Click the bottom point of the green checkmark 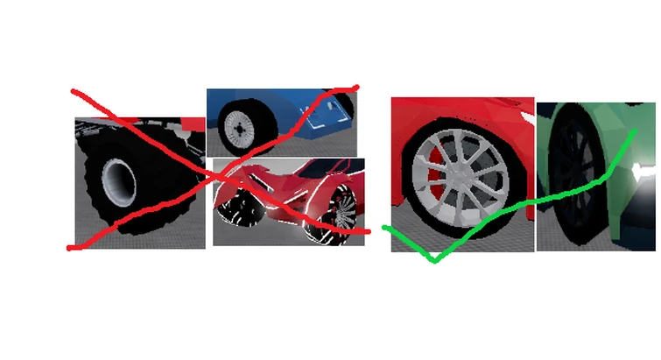point(433,260)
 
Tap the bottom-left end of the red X point(70,248)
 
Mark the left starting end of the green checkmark point(385,227)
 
